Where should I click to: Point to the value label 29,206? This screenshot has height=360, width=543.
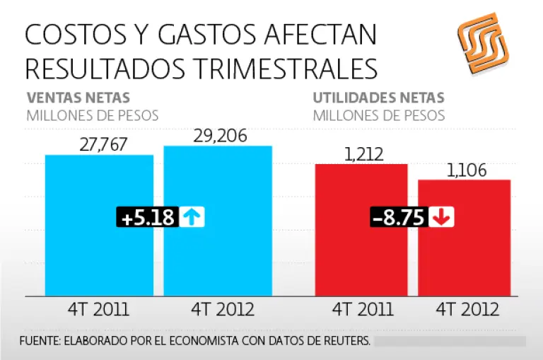pos(220,136)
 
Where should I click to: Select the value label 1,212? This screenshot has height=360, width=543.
pos(362,153)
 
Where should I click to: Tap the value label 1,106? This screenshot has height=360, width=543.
pos(465,170)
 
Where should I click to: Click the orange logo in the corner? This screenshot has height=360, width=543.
pos(482,43)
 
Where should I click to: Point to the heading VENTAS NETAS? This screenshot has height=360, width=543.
pos(78,98)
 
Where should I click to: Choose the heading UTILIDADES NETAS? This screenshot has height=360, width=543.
pos(379,98)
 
